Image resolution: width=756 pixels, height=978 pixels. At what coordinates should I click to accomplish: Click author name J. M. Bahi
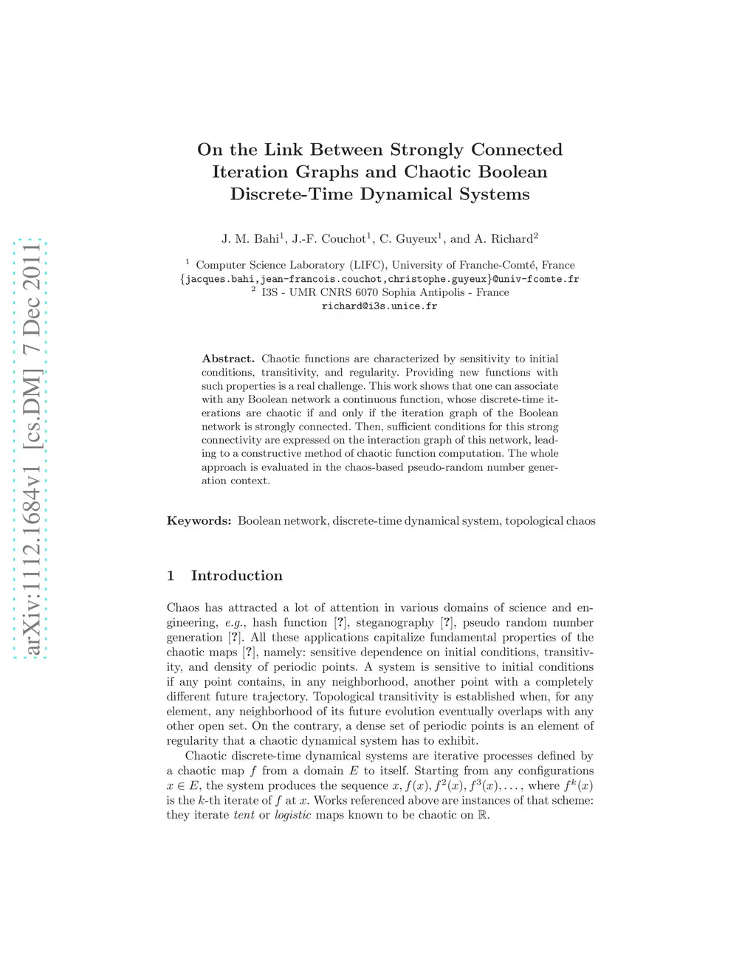pos(250,239)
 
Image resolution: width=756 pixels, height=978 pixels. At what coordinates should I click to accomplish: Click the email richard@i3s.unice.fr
pos(379,306)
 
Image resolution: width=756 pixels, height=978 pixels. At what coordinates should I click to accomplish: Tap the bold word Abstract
pos(228,359)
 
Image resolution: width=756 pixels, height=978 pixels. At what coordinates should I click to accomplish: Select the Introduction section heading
pos(237,576)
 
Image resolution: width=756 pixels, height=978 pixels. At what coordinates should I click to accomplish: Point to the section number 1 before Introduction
pos(171,576)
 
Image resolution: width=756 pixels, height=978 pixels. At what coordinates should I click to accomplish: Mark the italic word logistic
pos(292,815)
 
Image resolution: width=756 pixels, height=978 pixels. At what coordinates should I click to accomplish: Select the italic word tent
pos(244,815)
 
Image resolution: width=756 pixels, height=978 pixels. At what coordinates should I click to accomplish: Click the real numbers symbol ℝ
pos(484,815)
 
